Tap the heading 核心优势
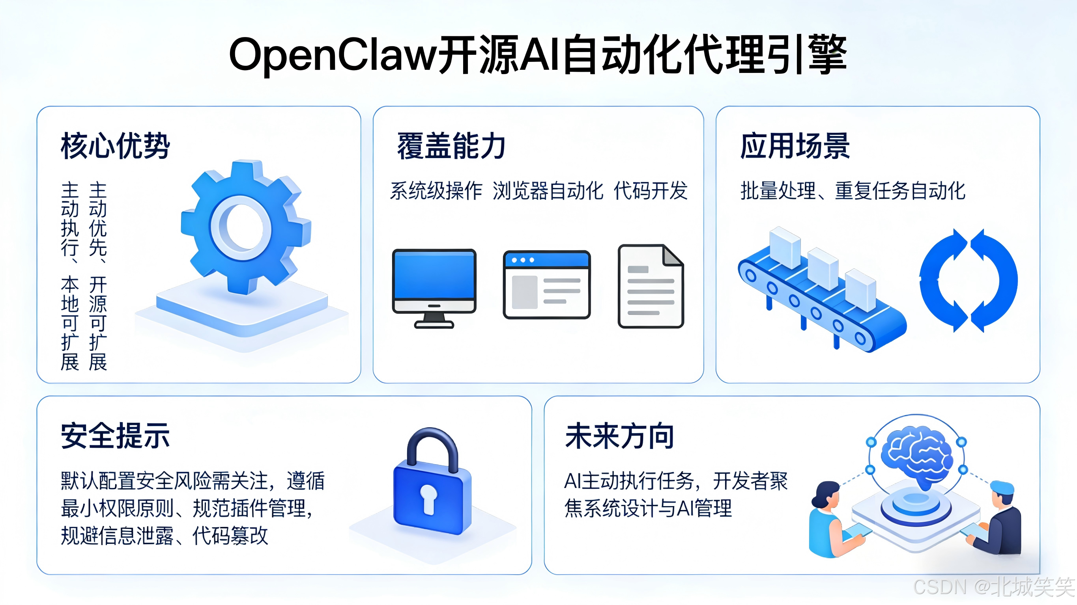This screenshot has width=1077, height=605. [115, 146]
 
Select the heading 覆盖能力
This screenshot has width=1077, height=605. [451, 146]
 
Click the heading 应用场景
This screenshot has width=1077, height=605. [795, 146]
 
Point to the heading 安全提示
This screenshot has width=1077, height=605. [115, 436]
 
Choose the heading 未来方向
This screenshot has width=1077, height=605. [619, 436]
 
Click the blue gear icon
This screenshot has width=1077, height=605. [247, 228]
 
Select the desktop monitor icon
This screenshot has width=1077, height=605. [434, 287]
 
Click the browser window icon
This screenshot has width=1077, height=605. [546, 285]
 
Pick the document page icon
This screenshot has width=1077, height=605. [651, 286]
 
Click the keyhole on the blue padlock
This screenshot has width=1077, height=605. [428, 499]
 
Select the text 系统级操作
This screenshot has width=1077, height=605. [436, 191]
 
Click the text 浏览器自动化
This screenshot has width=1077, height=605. [548, 191]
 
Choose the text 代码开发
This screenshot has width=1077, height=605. [651, 191]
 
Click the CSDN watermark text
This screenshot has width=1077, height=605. [993, 586]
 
